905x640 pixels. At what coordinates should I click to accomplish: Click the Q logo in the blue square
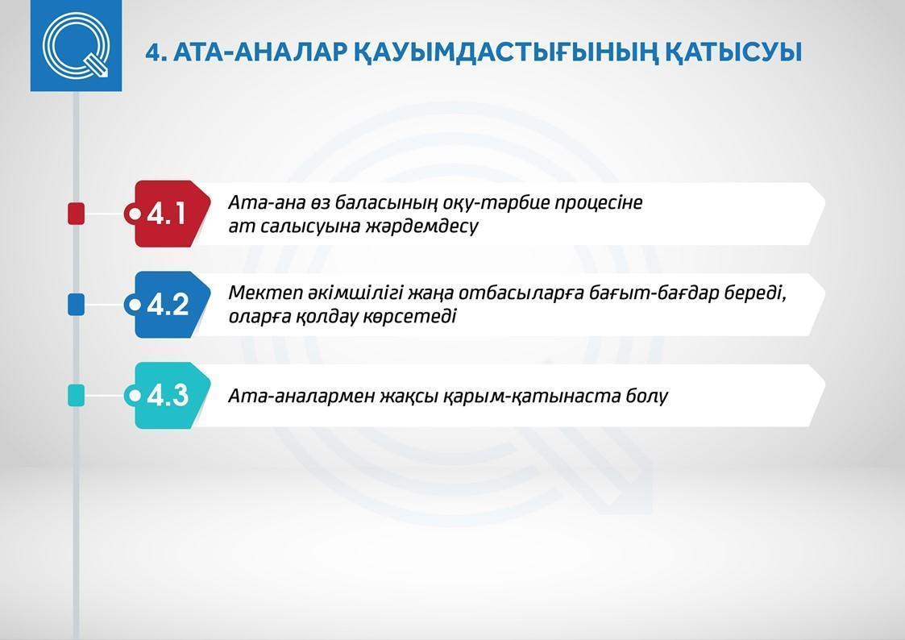point(76,45)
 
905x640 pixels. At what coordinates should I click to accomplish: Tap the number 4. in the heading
point(156,52)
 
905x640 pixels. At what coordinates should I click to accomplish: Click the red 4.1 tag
point(168,214)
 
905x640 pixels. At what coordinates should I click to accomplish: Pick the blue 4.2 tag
point(168,304)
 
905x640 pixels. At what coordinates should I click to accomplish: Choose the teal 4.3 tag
point(168,395)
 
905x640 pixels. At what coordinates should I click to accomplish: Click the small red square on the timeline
point(77,214)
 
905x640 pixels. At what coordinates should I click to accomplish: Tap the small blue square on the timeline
point(77,304)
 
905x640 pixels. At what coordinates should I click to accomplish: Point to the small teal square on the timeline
point(77,395)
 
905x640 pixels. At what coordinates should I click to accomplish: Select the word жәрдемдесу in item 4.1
point(422,226)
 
